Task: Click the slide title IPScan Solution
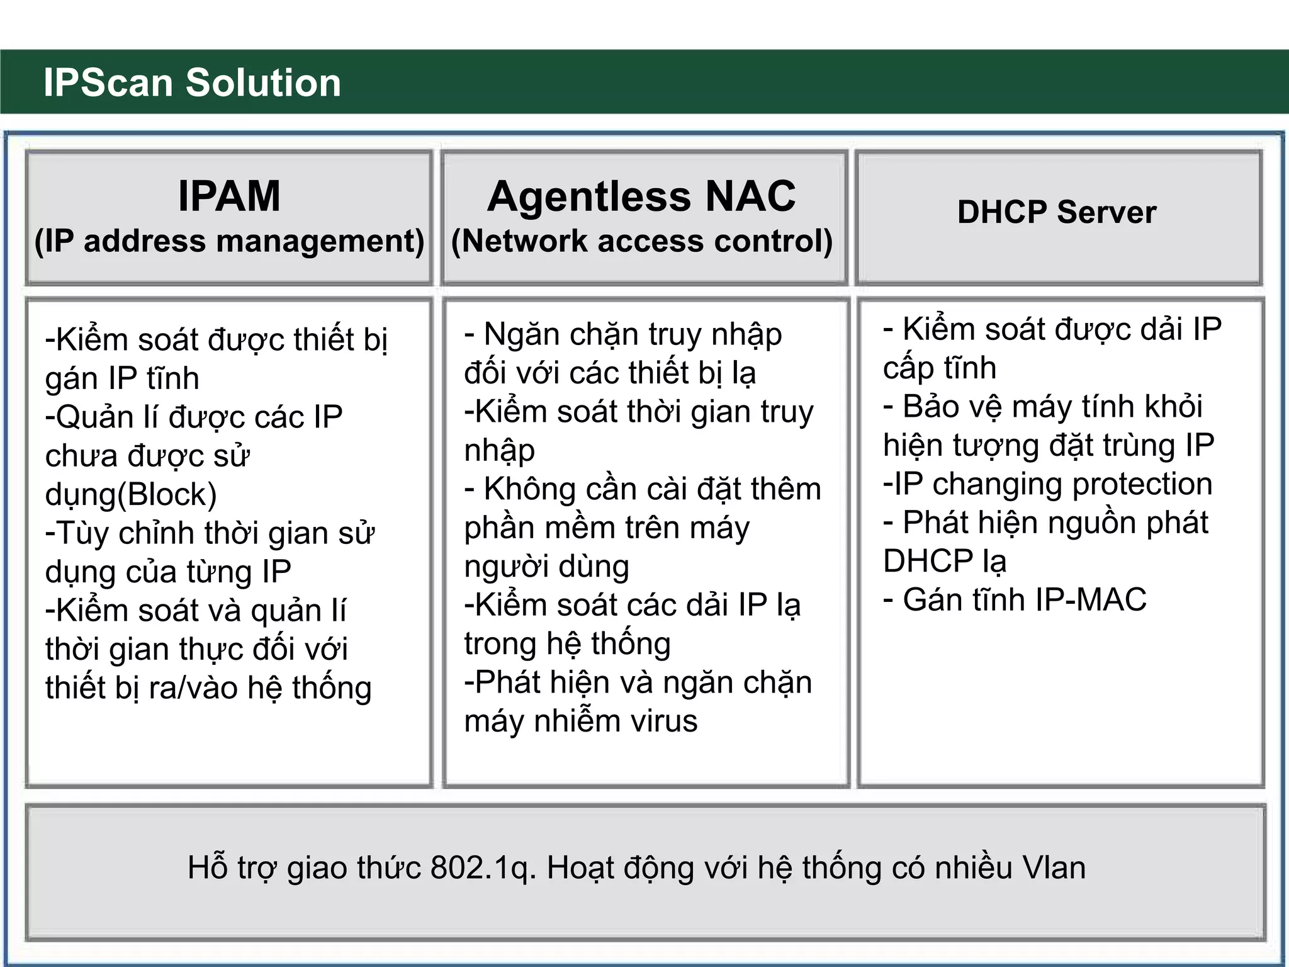[192, 82]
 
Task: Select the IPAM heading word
[229, 196]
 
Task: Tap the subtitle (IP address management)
[229, 241]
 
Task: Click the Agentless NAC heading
[641, 196]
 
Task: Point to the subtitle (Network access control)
[642, 241]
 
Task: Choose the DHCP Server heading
[1057, 212]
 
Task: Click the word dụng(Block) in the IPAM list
[131, 495]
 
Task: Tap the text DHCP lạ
[944, 561]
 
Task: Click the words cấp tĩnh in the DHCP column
[939, 368]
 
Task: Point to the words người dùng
[546, 567]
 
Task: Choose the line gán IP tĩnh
[122, 378]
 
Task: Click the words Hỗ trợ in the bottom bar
[232, 868]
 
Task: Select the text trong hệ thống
[567, 644]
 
